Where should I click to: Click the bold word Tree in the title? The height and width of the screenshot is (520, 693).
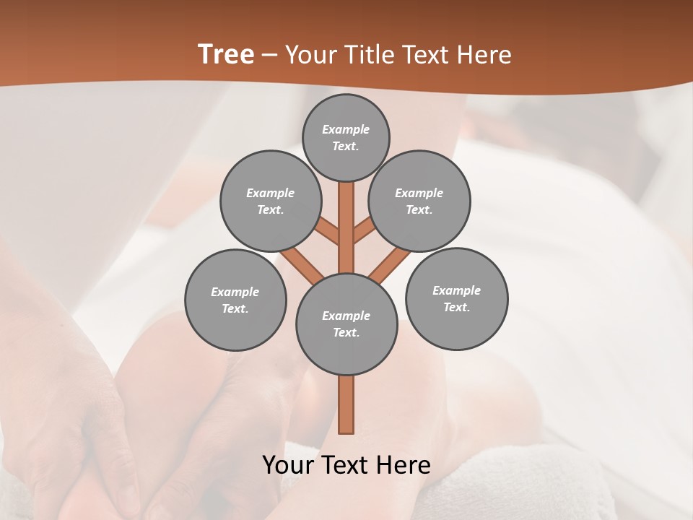(226, 55)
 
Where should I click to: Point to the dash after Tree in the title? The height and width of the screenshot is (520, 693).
(269, 56)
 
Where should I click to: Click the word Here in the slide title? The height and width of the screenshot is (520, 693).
(484, 55)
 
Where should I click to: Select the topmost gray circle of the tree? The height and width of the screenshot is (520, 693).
(346, 137)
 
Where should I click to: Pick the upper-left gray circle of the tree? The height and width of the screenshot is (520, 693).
(270, 201)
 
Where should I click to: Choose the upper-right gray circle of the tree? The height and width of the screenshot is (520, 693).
(419, 201)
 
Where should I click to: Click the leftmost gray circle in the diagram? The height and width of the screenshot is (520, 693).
(235, 300)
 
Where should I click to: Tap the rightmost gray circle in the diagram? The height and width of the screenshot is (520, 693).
(456, 298)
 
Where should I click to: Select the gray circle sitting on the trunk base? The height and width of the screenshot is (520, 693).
(346, 324)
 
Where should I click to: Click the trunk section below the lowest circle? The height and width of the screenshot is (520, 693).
(346, 404)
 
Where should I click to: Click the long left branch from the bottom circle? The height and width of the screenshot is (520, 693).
(301, 264)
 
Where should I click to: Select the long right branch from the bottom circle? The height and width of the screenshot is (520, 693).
(390, 264)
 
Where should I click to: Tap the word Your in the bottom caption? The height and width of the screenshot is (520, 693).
(287, 465)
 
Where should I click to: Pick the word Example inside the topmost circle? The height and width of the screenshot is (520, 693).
(346, 129)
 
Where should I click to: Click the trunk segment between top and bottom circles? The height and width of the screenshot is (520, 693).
(346, 231)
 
